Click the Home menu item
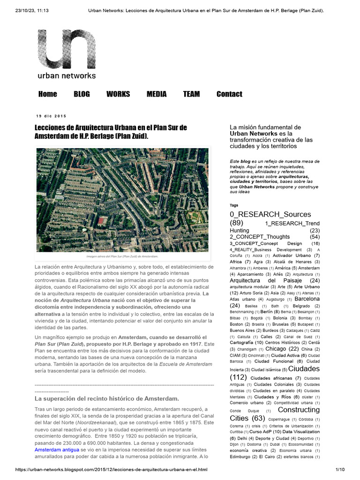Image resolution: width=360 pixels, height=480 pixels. pyautogui.click(x=47, y=94)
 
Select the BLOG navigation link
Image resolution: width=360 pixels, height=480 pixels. pyautogui.click(x=82, y=94)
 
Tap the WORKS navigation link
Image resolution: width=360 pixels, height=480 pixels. pyautogui.click(x=118, y=94)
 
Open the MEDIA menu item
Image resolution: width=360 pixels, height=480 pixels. pyautogui.click(x=157, y=94)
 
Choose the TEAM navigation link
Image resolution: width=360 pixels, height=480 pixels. pyautogui.click(x=191, y=94)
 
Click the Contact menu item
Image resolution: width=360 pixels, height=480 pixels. pyautogui.click(x=229, y=94)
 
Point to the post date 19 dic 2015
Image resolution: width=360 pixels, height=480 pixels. pyautogui.click(x=52, y=116)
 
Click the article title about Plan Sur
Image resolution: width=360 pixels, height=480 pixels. pyautogui.click(x=111, y=132)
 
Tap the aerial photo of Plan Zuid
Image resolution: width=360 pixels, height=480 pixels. pyautogui.click(x=122, y=200)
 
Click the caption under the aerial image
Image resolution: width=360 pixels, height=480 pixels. pyautogui.click(x=122, y=256)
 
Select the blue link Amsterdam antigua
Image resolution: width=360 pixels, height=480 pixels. pyautogui.click(x=54, y=450)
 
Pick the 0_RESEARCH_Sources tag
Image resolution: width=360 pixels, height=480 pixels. pyautogui.click(x=270, y=214)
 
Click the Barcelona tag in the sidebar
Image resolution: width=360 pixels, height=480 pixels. pyautogui.click(x=307, y=299)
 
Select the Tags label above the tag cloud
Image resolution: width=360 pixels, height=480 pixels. pyautogui.click(x=234, y=205)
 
